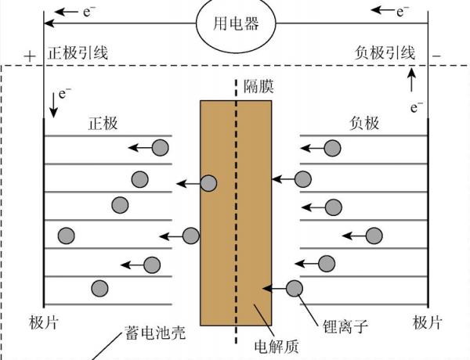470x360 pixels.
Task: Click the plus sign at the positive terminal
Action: pos(30,56)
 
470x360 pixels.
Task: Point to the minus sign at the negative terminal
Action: pos(436,56)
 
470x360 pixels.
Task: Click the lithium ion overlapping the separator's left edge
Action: pos(208,184)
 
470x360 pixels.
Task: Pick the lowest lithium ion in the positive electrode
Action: pos(99,287)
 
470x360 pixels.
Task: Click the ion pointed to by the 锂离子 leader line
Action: pos(295,288)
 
